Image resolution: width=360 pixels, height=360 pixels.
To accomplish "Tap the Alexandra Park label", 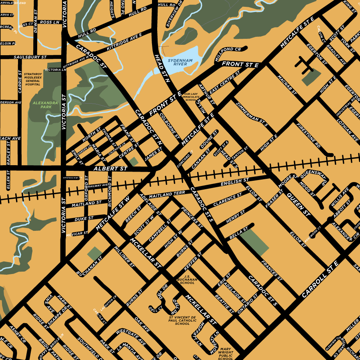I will [x=45, y=105].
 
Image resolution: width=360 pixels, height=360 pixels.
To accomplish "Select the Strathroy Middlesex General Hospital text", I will [x=33, y=79].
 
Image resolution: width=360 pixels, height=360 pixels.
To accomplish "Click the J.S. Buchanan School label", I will [x=187, y=279].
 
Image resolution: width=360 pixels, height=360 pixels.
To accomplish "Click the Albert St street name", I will [x=110, y=169].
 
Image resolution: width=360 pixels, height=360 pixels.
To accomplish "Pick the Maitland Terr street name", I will [x=168, y=194].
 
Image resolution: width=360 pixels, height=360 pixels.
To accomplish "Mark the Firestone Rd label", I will [x=308, y=136].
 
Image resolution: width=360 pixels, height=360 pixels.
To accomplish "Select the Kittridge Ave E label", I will [x=124, y=42].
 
